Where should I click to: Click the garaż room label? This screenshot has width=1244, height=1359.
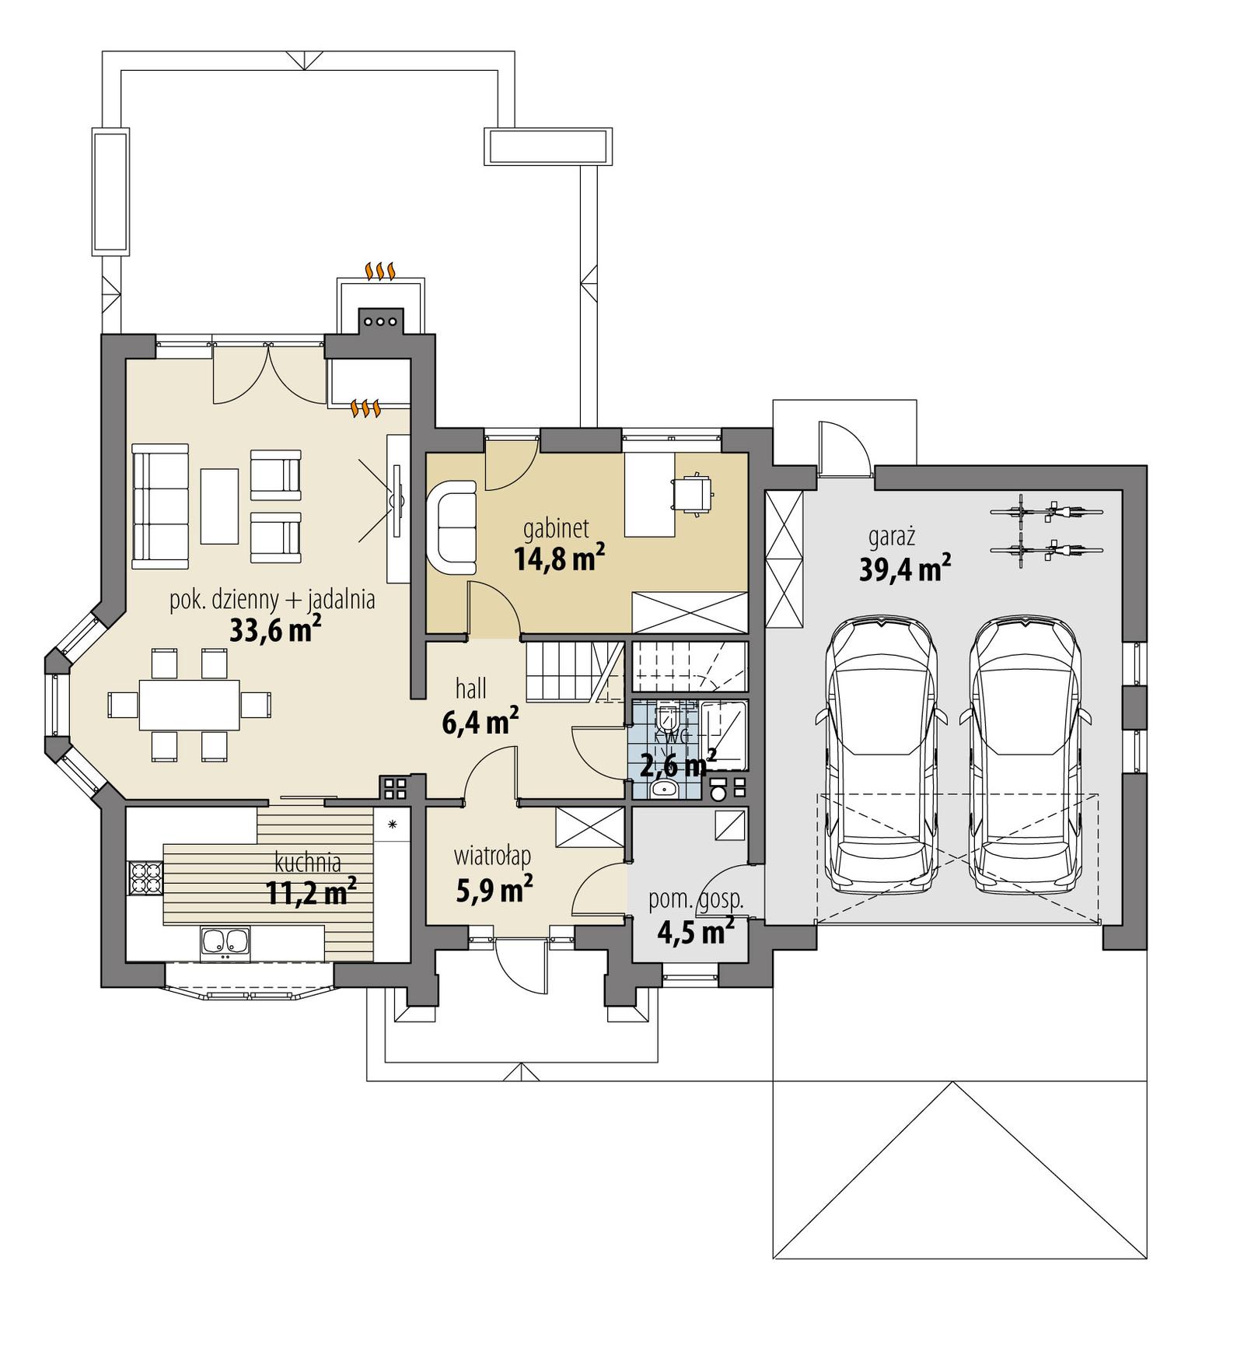click(x=891, y=538)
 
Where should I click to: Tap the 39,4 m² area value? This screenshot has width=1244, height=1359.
click(x=904, y=569)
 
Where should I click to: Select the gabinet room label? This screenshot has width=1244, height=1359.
click(x=555, y=529)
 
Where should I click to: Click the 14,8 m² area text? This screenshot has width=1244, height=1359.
click(x=559, y=559)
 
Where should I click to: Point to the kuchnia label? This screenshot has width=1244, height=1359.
click(x=308, y=861)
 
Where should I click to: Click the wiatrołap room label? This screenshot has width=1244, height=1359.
click(x=492, y=856)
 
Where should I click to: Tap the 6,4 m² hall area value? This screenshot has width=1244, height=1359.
click(x=480, y=722)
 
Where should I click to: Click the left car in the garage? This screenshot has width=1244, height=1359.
click(x=882, y=755)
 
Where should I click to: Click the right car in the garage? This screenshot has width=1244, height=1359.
click(x=1025, y=755)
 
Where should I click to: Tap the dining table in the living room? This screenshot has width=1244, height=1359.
click(x=189, y=704)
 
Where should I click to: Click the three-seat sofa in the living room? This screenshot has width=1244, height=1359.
click(x=160, y=506)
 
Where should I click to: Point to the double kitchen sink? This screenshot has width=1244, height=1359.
click(x=225, y=940)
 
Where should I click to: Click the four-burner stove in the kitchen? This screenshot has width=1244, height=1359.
click(x=145, y=879)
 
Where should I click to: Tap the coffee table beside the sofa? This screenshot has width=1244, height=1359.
click(x=219, y=506)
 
